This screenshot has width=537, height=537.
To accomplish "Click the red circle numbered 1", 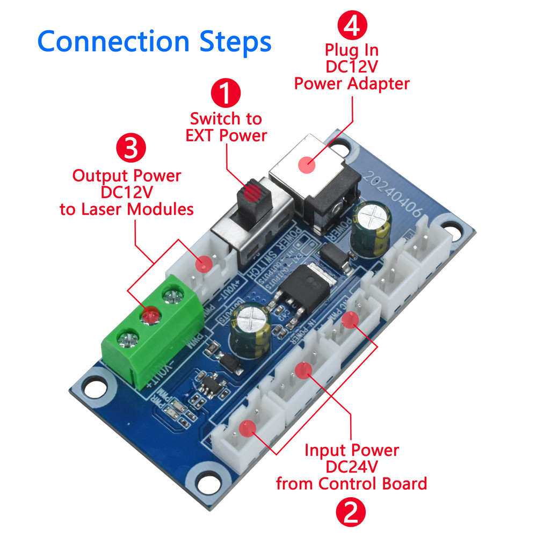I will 226,93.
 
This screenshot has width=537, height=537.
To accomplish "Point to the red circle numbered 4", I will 352,25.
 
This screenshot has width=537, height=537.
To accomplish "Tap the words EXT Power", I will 226,135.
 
